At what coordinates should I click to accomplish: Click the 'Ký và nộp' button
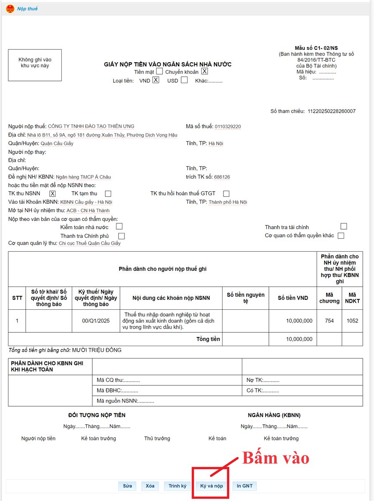[x=211, y=486]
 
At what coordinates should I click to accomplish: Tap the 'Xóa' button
[x=150, y=486]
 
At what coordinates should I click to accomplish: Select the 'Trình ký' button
[x=177, y=486]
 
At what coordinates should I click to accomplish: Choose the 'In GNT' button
[x=245, y=486]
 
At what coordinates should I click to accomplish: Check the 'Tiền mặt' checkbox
[x=160, y=71]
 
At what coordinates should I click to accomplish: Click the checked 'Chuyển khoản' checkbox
[x=204, y=71]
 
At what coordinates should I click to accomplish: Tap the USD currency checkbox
[x=184, y=80]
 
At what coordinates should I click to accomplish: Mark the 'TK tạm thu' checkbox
[x=108, y=193]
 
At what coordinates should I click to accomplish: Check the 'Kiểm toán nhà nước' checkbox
[x=119, y=227]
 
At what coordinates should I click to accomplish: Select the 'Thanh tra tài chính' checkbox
[x=344, y=226]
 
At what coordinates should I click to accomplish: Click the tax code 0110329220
[x=228, y=127]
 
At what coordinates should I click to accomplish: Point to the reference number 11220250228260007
[x=332, y=111]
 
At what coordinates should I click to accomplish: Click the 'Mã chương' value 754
[x=329, y=321]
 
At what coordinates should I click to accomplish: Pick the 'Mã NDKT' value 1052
[x=352, y=321]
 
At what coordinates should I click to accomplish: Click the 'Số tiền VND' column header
[x=293, y=298]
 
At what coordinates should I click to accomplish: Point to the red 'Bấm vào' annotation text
[x=276, y=458]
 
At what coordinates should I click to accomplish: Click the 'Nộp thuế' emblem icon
[x=10, y=8]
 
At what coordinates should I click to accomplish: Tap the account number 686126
[x=222, y=177]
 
